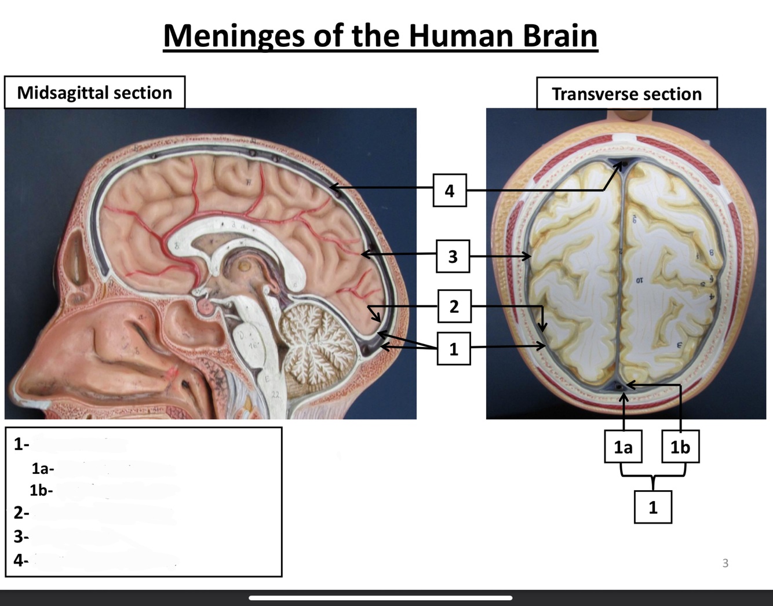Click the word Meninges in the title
[233, 36]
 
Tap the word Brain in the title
[560, 36]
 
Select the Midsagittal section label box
[94, 93]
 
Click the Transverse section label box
[626, 94]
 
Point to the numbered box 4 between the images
[450, 190]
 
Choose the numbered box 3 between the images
[453, 256]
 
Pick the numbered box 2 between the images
[454, 306]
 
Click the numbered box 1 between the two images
[453, 348]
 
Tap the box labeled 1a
[623, 447]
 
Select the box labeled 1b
[680, 447]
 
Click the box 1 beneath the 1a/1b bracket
[653, 507]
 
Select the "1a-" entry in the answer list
[43, 468]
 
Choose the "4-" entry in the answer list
[21, 560]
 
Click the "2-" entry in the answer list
[21, 513]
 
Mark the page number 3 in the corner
[725, 563]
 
